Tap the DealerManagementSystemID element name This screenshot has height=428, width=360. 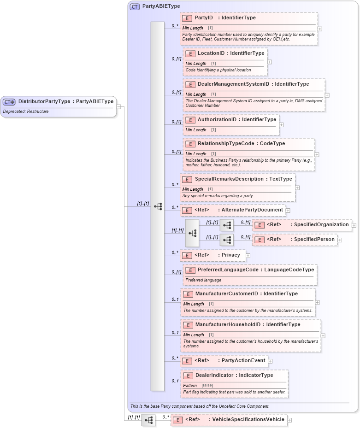pyautogui.click(x=234, y=84)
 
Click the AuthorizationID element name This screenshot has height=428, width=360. pyautogui.click(x=217, y=119)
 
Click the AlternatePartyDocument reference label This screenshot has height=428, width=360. pyautogui.click(x=252, y=210)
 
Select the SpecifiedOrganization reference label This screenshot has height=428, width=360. pyautogui.click(x=321, y=225)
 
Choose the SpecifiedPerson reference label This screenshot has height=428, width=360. pyautogui.click(x=314, y=240)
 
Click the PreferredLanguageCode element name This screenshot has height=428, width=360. pyautogui.click(x=228, y=270)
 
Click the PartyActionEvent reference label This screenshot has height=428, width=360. pyautogui.click(x=243, y=361)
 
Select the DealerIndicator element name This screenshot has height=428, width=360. pyautogui.click(x=214, y=375)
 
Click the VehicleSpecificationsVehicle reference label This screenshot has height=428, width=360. pyautogui.click(x=248, y=420)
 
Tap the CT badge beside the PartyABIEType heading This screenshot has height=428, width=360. pyautogui.click(x=135, y=7)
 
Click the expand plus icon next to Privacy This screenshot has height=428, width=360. pyautogui.click(x=248, y=255)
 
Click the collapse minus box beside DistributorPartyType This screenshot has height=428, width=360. pyautogui.click(x=119, y=106)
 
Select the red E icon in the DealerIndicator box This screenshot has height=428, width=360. pyautogui.click(x=188, y=375)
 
